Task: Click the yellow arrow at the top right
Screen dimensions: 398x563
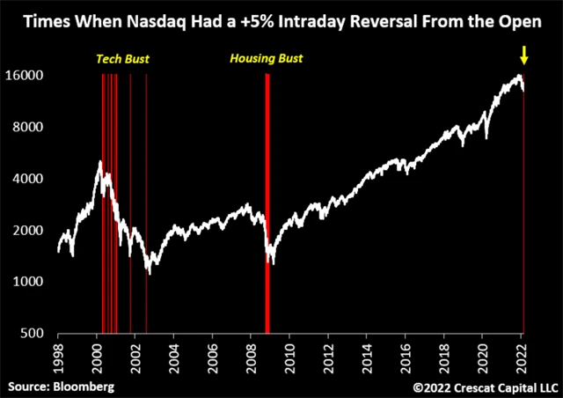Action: [x=524, y=56]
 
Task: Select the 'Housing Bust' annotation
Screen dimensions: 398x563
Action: [x=265, y=59]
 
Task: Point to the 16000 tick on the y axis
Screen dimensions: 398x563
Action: [x=28, y=76]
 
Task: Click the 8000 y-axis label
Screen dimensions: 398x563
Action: [x=32, y=128]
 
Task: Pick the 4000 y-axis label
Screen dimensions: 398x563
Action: [x=32, y=179]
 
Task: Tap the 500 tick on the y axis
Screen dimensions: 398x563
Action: [x=35, y=333]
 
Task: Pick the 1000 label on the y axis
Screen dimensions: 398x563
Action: [x=32, y=282]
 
